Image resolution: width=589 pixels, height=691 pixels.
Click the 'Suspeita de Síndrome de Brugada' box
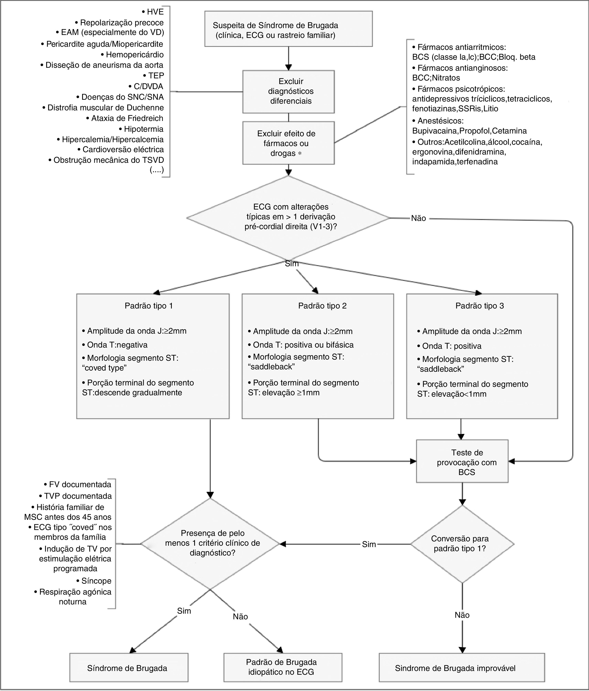point(288,29)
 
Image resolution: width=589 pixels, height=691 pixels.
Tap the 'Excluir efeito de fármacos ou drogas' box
point(288,143)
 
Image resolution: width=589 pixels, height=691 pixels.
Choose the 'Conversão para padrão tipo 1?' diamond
point(462,544)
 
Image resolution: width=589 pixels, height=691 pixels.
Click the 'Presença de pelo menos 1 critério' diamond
point(210,544)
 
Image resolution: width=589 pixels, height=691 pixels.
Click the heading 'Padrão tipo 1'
point(149,306)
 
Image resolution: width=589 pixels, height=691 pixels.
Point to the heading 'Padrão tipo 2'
point(322,306)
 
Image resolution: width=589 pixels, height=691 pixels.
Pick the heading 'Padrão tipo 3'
point(480,306)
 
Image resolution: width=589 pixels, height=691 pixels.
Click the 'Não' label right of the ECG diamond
point(418,218)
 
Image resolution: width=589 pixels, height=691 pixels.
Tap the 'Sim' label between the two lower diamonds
point(369,544)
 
